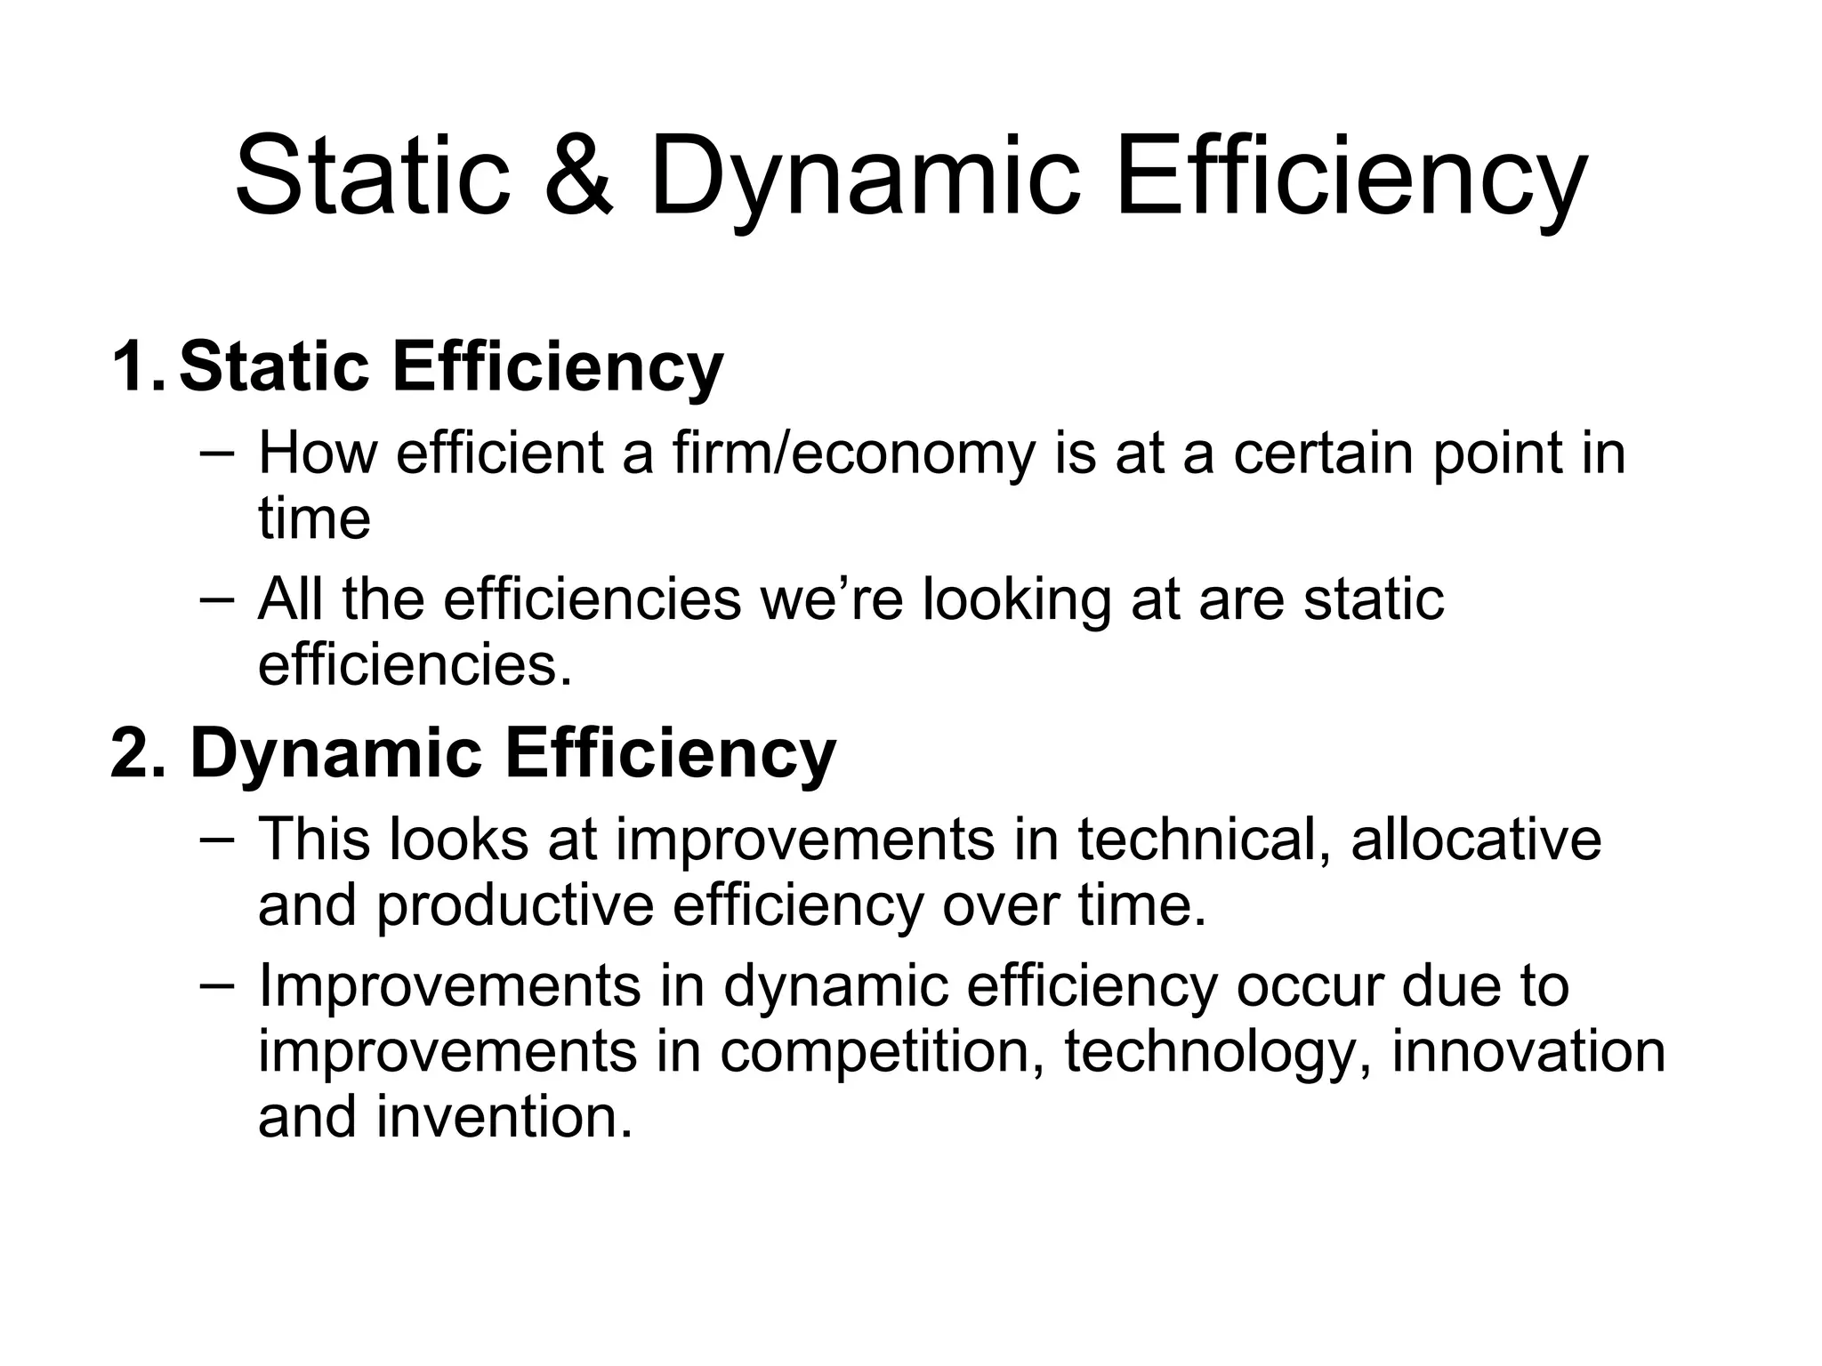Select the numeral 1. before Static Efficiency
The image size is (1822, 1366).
coord(138,367)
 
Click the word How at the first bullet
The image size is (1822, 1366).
coord(318,453)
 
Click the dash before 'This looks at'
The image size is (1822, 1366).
coord(217,838)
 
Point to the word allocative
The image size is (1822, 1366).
coord(1476,840)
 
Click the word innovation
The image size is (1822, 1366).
coord(1528,1051)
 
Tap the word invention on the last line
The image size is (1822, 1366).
coord(504,1118)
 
